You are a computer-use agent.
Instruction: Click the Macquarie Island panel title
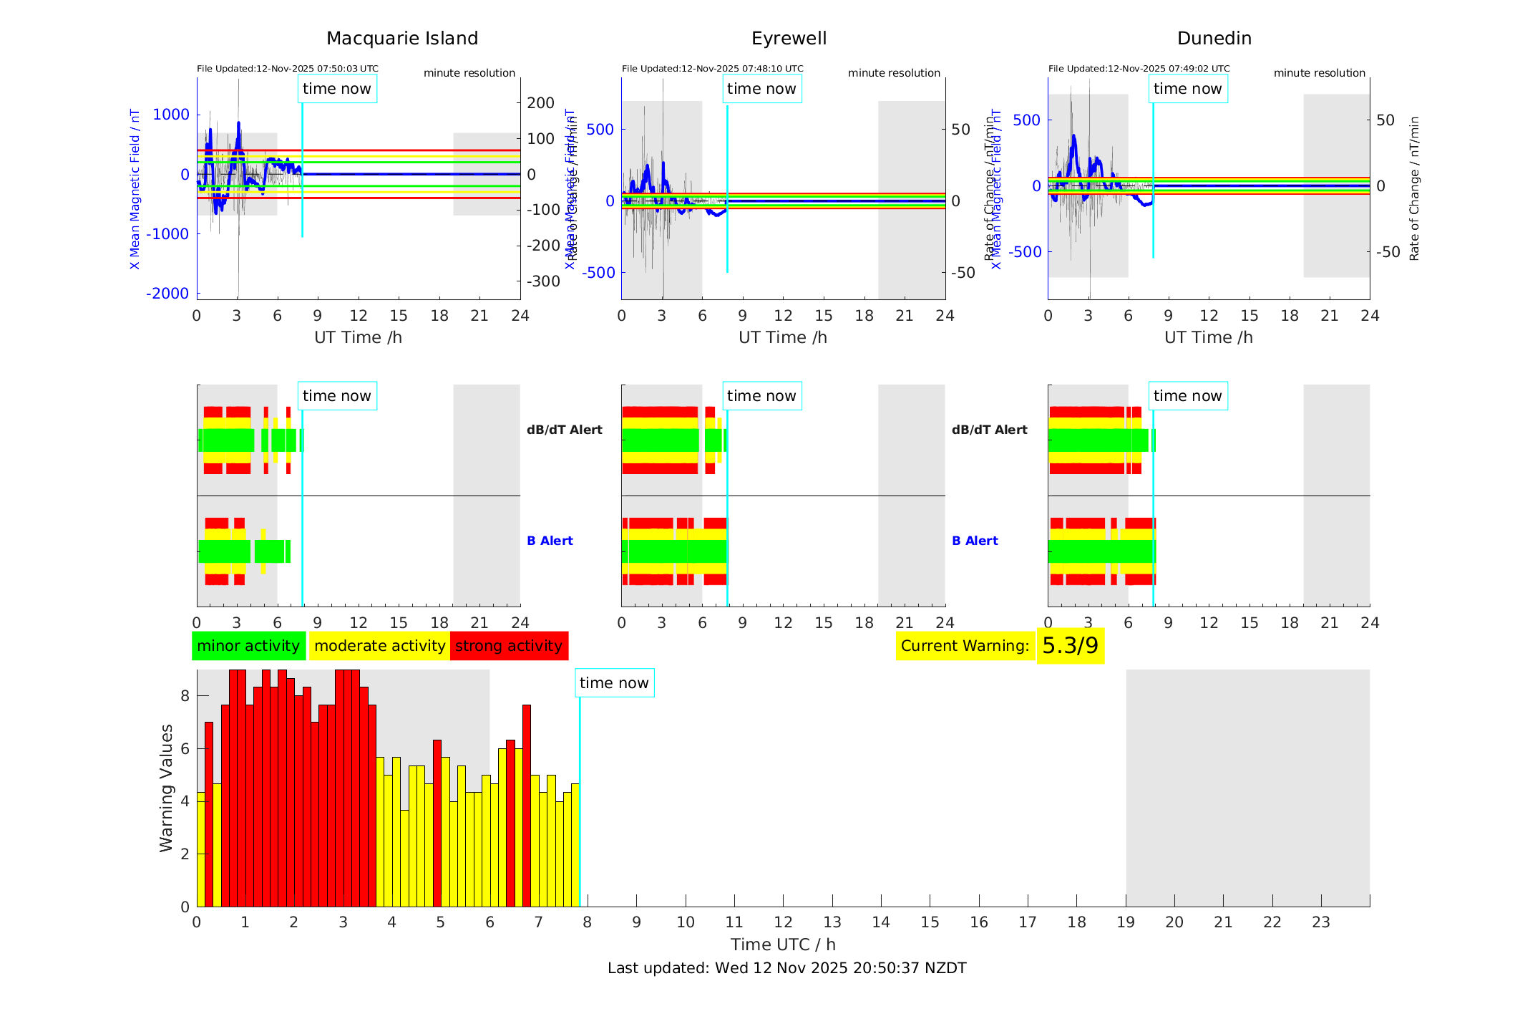tap(402, 39)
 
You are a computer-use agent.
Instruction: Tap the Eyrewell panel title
tap(789, 39)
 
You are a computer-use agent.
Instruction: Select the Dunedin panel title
tap(1214, 39)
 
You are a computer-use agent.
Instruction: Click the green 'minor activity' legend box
tap(248, 646)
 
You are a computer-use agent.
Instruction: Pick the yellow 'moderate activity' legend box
tap(379, 646)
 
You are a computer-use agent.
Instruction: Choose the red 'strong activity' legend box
tap(509, 646)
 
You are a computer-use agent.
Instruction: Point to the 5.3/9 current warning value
tap(1070, 646)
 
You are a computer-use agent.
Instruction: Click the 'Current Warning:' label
tap(965, 646)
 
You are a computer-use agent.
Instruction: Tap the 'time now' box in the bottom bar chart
tap(614, 683)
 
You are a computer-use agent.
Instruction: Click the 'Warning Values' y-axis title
tap(167, 788)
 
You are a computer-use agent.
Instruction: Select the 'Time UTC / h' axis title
tap(783, 945)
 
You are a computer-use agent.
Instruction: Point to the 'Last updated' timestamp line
tap(786, 968)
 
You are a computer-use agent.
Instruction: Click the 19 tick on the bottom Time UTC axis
tap(1126, 922)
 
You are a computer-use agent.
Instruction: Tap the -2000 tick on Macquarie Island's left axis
tap(167, 294)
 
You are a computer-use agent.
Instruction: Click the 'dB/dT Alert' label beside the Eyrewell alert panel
tap(989, 430)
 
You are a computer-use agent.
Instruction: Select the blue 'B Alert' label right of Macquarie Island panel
tap(550, 541)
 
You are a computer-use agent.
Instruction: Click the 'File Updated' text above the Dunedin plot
tap(1139, 69)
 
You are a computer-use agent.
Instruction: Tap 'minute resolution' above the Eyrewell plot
tap(894, 73)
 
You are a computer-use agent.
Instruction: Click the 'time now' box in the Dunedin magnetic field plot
tap(1187, 89)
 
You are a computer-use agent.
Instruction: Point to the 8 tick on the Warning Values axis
tap(185, 696)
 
